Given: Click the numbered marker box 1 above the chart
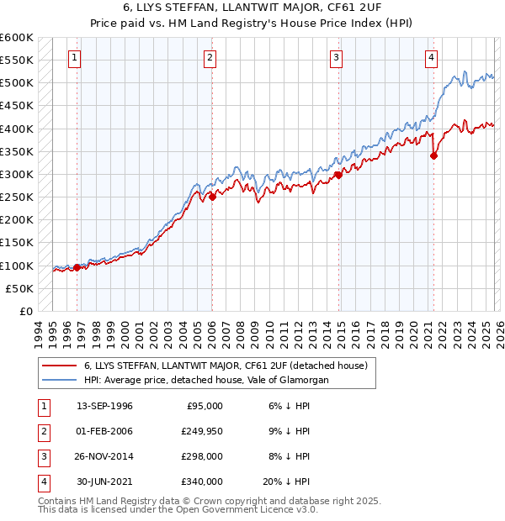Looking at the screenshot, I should click(x=75, y=58).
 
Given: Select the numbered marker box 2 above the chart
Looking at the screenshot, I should click(x=209, y=58).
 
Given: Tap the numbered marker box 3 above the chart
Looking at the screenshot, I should click(x=336, y=58).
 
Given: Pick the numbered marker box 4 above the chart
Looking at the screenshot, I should click(x=431, y=58).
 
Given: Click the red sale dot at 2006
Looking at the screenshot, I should click(x=212, y=197).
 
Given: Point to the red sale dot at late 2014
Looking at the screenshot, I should click(x=338, y=175).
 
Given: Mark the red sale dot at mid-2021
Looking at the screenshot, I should click(x=433, y=155).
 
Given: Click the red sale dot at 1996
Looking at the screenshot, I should click(x=77, y=267).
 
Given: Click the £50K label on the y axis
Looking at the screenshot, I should click(x=19, y=288).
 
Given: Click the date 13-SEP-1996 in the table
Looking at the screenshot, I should click(x=105, y=406).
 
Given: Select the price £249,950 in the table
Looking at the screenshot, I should click(x=201, y=431).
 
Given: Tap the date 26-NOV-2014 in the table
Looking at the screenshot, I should click(x=105, y=456).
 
